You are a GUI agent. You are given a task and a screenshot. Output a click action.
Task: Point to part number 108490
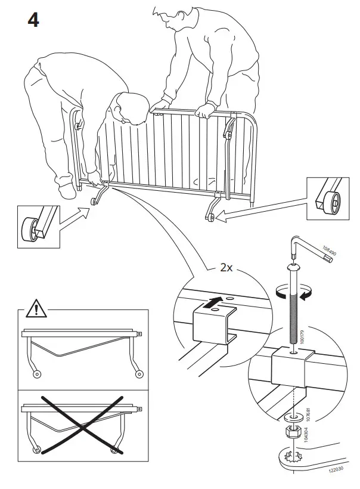[x=329, y=253]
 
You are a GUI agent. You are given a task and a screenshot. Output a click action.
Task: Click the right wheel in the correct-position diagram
[x=139, y=374]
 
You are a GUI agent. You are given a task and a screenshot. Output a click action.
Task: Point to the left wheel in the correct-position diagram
[x=38, y=374]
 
